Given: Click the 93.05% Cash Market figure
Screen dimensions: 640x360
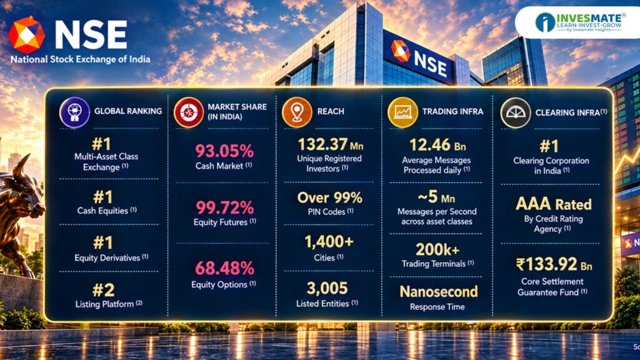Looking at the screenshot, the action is coord(224,151).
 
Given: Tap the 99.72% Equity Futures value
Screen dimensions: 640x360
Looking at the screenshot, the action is coord(224,207).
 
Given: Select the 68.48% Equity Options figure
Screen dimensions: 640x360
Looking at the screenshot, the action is coord(224,268).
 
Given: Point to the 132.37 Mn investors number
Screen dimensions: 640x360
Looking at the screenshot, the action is coord(330,144).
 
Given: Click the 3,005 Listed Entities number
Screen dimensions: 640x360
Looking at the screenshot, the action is coord(327,288).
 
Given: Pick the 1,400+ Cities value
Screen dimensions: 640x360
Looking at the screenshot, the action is coord(329,242).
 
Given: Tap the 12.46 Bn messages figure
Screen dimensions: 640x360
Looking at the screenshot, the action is coord(437,145).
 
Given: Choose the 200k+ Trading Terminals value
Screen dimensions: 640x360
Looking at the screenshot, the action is coord(437,249).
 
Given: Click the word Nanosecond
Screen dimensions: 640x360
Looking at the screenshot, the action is coord(439,291).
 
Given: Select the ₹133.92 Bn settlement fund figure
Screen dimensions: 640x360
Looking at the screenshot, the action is coord(554,264).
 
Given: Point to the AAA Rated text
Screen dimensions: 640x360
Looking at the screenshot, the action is coord(554,204).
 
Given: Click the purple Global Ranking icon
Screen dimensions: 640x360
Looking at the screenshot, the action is coord(75,112).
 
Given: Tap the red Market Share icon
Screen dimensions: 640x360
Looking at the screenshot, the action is coord(189,112).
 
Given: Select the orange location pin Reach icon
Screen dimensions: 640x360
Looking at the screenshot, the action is coord(297,112).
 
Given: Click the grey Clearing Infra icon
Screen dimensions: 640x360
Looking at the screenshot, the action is coord(516,113).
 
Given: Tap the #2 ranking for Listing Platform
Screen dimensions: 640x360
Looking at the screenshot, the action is coord(103,290).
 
